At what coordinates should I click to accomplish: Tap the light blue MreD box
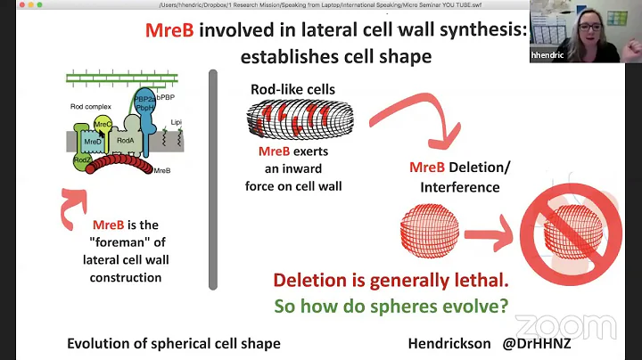92,143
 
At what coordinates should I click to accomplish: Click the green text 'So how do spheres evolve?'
391,305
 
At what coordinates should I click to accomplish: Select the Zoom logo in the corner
579,327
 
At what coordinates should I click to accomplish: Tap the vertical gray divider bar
213,178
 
